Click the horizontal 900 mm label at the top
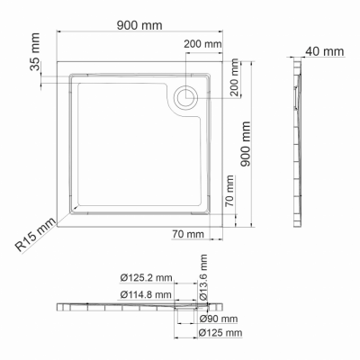[x=139, y=25]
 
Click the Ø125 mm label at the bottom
[x=220, y=334]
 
